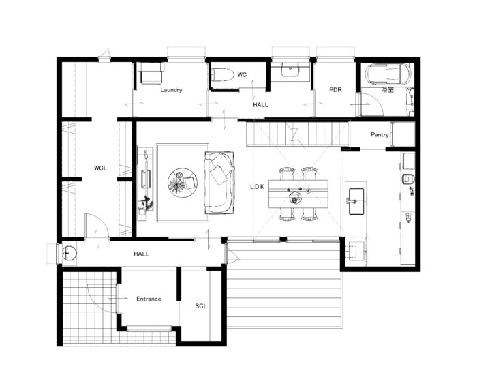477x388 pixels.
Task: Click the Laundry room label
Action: point(171,90)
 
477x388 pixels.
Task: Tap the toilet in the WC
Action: point(223,74)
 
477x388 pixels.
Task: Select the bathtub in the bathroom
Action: point(388,74)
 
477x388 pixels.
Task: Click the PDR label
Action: point(335,90)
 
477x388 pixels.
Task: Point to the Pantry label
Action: point(380,134)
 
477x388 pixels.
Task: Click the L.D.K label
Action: point(258,187)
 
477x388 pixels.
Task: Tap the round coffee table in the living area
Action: point(183,183)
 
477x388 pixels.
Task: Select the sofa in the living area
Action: point(219,183)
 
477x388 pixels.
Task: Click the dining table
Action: point(298,194)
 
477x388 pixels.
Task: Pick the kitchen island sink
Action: point(356,201)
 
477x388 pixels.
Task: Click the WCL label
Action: point(100,168)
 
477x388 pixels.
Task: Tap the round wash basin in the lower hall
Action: point(70,253)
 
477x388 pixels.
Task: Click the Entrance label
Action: point(149,299)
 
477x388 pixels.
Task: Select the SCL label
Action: point(201,306)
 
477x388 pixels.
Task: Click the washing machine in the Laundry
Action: point(151,73)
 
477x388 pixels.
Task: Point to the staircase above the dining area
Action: point(297,134)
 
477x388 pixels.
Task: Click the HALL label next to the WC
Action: point(261,105)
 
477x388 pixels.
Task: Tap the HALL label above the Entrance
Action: point(142,254)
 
